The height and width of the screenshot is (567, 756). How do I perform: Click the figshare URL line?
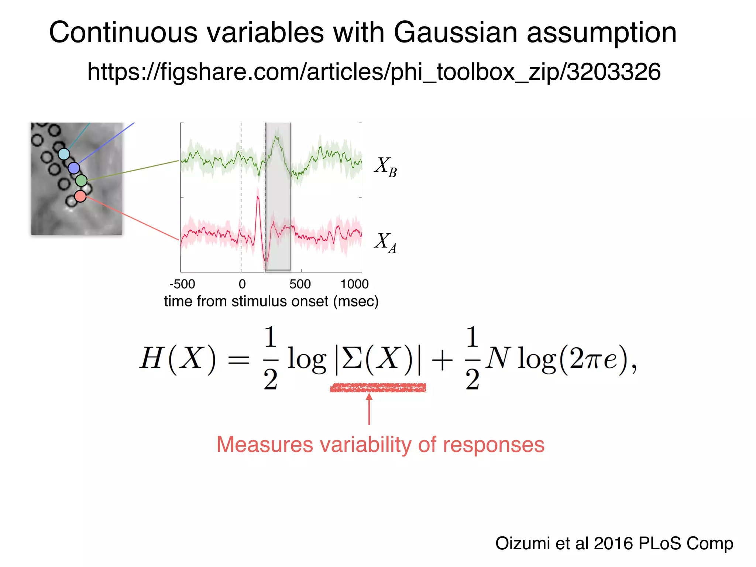(x=374, y=72)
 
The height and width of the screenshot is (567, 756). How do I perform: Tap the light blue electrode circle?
(x=64, y=154)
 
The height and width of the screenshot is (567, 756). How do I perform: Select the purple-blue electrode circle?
(x=74, y=168)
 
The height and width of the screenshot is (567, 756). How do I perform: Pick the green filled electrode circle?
(x=81, y=181)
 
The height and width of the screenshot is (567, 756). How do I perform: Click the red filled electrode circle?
(x=80, y=196)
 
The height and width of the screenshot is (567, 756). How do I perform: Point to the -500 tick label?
(x=182, y=284)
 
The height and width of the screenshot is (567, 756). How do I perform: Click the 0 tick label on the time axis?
(x=242, y=284)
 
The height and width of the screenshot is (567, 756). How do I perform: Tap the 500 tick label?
(x=300, y=284)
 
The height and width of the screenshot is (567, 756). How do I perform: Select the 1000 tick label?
(x=354, y=284)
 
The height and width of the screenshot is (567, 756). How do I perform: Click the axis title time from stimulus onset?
(x=271, y=301)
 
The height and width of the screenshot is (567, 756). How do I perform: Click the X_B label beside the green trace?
(x=385, y=166)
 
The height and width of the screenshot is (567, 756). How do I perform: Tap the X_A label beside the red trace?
(x=385, y=243)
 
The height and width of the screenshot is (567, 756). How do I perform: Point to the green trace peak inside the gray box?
(x=276, y=138)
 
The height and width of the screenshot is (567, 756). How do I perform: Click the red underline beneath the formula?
(x=378, y=388)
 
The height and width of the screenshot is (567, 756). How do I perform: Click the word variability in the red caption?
(x=365, y=444)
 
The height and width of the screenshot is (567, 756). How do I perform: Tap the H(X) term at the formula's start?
(x=177, y=358)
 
